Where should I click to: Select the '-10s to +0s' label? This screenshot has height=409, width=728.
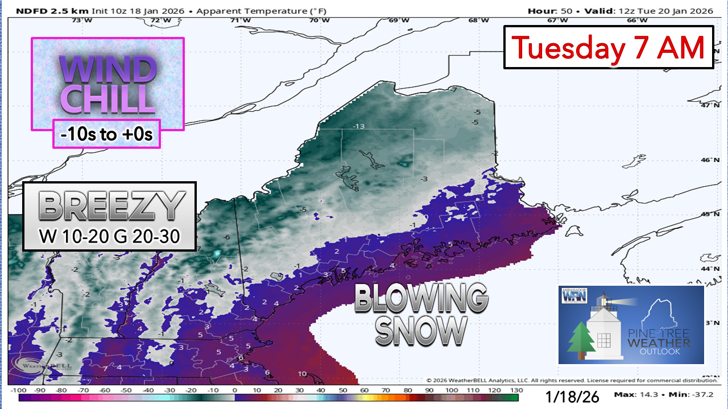point(106,134)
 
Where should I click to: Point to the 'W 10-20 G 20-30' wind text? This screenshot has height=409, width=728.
point(109,237)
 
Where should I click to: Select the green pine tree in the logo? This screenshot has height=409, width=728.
point(582,340)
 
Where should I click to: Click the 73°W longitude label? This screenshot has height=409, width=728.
point(82,20)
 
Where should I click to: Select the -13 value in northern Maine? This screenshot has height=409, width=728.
point(358,126)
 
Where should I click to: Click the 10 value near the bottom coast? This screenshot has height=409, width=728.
point(302,374)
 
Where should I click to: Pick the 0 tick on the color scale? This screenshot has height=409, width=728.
point(234,391)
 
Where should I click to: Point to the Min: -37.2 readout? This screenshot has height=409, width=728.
point(693,394)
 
